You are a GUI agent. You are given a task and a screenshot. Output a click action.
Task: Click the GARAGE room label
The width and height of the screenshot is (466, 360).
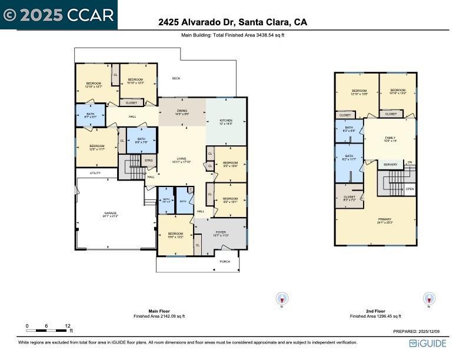[111, 214]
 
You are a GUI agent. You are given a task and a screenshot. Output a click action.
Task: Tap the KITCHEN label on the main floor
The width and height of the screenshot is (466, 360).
[226, 121]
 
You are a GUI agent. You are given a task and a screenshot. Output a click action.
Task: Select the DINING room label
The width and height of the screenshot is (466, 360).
[182, 112]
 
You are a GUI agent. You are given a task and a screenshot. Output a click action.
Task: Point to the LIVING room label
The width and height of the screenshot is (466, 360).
[182, 160]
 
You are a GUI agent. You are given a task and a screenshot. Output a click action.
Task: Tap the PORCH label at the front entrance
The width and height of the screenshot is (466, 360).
[225, 262]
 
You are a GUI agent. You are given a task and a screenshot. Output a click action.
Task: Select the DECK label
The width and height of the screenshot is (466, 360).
[176, 78]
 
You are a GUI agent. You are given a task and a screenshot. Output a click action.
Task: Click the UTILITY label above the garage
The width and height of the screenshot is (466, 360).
[95, 173]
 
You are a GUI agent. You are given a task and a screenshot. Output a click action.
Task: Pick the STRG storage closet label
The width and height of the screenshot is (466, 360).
[149, 159]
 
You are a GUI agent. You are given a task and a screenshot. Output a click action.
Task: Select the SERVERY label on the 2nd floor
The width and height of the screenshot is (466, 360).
[390, 165]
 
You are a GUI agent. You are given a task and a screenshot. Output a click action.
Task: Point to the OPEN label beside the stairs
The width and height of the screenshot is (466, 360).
[410, 189]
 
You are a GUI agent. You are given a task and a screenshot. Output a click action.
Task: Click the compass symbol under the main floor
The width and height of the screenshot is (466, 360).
[282, 299]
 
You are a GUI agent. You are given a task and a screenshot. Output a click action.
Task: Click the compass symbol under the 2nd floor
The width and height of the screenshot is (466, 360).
[430, 299]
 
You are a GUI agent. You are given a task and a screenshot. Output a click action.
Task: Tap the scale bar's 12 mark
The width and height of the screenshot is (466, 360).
[68, 326]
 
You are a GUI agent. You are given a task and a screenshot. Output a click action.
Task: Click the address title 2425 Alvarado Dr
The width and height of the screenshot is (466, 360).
[232, 22]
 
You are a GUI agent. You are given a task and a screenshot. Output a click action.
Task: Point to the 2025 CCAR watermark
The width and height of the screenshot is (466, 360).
[59, 15]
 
